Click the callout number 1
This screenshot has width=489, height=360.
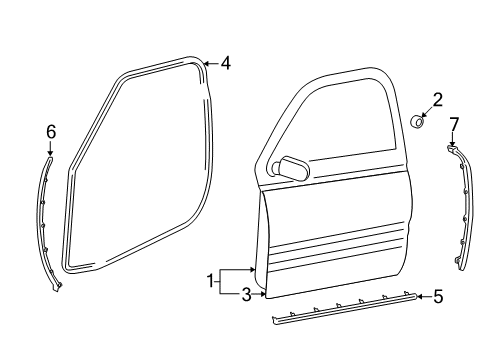point(210,283)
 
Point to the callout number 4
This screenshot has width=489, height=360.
point(226,64)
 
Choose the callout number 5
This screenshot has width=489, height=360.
point(437,296)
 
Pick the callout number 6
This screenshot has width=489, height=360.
point(51,130)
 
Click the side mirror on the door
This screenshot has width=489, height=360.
point(293,167)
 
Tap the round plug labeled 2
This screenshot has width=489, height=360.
point(421,123)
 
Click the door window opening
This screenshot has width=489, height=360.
point(335,125)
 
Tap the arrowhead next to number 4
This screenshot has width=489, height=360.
point(207,64)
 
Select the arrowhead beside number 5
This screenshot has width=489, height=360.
point(420,296)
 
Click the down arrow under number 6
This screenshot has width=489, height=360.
point(51,149)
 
